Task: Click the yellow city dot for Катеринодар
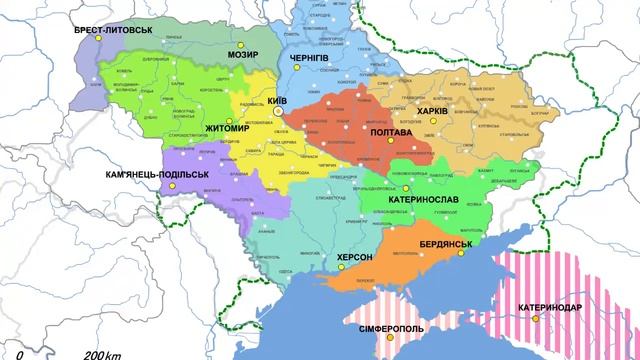[x=535, y=318]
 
